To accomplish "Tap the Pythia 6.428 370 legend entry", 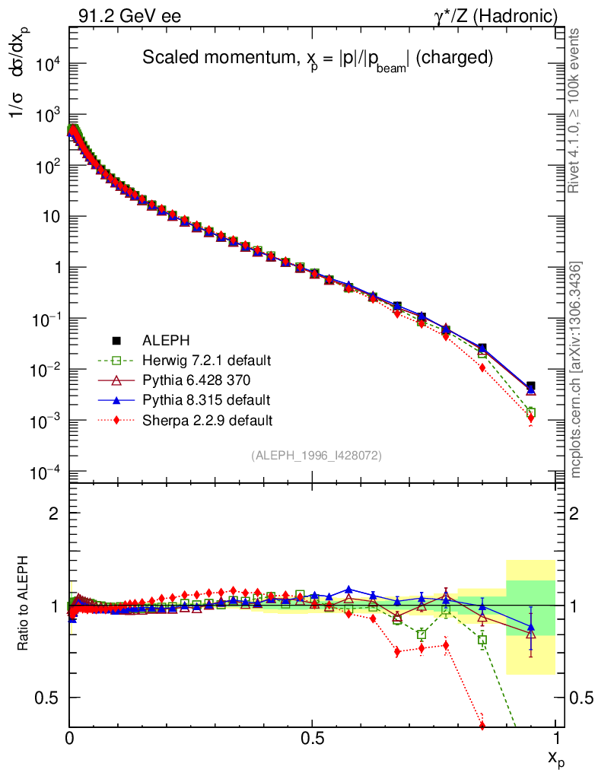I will [x=196, y=379].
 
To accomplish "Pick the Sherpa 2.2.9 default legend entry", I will [x=201, y=419].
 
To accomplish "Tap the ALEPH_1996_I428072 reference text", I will [x=316, y=455].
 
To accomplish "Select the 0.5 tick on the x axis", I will [x=312, y=739].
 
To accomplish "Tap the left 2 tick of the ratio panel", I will [x=53, y=514].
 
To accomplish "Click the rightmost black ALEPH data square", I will [x=530, y=386].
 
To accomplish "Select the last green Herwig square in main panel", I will [x=530, y=412].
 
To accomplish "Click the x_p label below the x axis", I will [x=556, y=758].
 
